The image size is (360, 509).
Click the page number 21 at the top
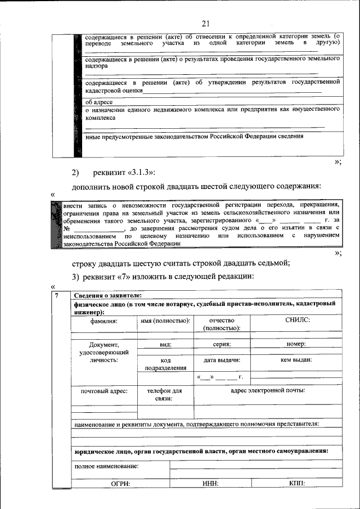205,23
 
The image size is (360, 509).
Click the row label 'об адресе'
99,102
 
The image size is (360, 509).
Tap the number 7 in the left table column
55,296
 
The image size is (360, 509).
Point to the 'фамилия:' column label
103,321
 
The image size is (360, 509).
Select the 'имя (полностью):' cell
165,321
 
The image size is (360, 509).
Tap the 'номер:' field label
296,344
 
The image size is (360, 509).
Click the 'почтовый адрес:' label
103,390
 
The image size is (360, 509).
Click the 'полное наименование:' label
106,466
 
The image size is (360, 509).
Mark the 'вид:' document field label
165,344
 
